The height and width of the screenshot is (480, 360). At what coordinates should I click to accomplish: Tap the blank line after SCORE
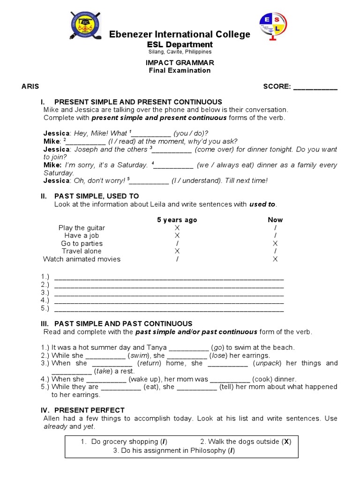click(x=315, y=87)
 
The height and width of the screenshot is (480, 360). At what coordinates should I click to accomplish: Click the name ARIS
click(x=30, y=87)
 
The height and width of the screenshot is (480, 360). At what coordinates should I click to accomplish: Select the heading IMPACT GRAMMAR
click(x=180, y=63)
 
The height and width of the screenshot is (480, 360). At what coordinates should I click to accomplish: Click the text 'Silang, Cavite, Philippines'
click(x=180, y=52)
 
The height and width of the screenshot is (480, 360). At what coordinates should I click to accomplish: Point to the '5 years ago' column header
click(x=177, y=220)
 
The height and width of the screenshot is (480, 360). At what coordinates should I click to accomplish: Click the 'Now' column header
click(x=275, y=220)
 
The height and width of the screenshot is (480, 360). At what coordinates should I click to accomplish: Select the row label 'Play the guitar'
click(x=82, y=228)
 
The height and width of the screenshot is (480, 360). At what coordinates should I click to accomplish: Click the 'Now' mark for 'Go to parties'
click(x=275, y=243)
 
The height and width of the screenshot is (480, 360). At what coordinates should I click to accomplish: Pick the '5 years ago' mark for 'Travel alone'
click(x=177, y=251)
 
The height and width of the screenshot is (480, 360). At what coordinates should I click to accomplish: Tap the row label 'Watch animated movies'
click(x=82, y=259)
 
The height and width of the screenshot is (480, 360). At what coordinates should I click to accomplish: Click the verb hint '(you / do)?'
click(x=191, y=133)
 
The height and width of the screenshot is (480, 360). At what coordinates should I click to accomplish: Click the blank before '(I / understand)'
click(x=150, y=180)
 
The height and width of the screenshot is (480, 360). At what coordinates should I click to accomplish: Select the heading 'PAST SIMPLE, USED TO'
click(x=97, y=196)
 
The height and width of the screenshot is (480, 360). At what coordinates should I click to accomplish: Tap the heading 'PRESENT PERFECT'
click(x=90, y=410)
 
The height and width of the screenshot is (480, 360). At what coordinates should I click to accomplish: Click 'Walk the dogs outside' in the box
click(x=240, y=442)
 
